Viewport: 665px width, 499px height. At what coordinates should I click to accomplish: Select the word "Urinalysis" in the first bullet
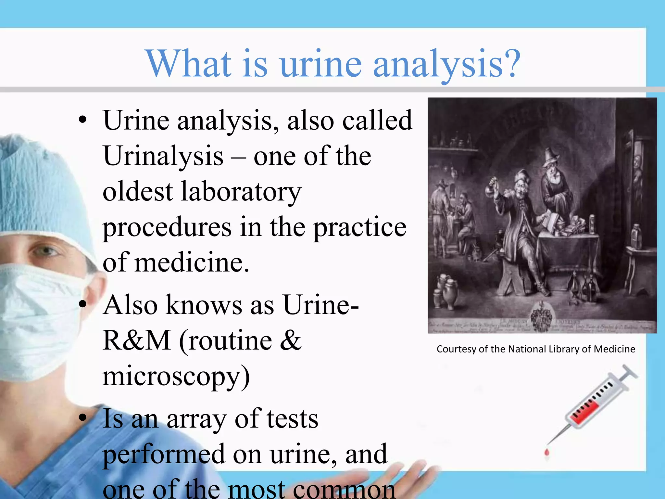(x=163, y=156)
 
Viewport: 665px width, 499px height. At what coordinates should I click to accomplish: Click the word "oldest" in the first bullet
(x=138, y=192)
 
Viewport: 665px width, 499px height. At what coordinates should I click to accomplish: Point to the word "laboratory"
(x=241, y=192)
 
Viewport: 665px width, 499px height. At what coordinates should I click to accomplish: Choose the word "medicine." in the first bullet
(x=192, y=262)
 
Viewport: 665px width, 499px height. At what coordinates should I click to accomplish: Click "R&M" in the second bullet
(x=137, y=340)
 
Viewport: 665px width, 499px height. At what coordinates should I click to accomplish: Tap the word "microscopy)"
(x=176, y=377)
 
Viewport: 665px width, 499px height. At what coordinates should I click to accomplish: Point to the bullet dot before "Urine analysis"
(x=83, y=120)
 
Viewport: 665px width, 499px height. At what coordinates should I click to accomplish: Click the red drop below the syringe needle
(x=546, y=453)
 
